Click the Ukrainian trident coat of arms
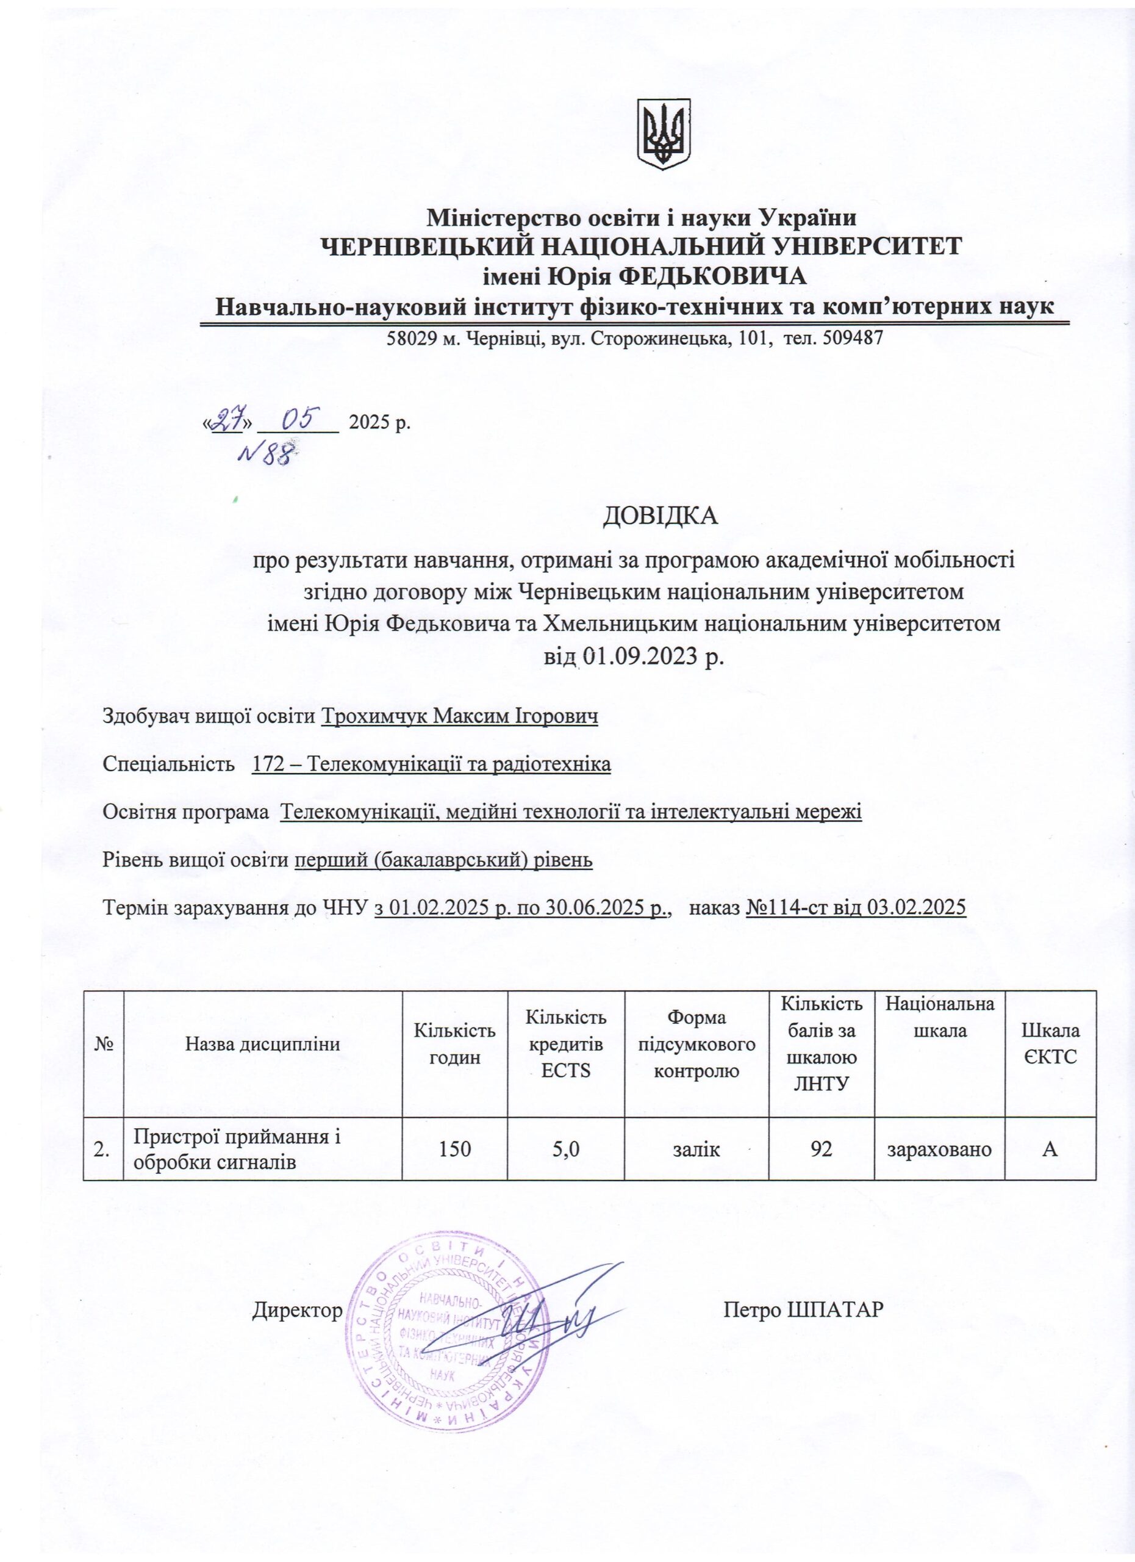[x=663, y=134]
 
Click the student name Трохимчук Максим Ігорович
[x=460, y=717]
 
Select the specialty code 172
[x=267, y=765]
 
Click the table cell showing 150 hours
[x=455, y=1149]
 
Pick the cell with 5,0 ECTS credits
[x=566, y=1149]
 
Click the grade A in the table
[x=1050, y=1149]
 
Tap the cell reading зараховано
[x=939, y=1149]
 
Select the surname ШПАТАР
[x=834, y=1310]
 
